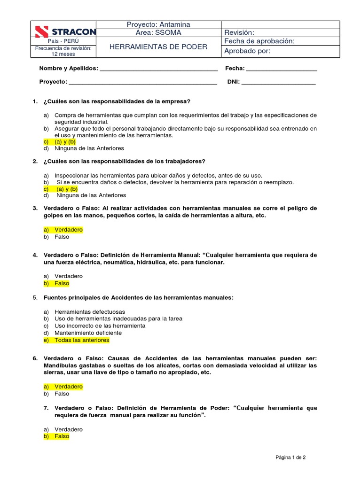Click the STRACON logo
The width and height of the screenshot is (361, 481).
[x=65, y=32]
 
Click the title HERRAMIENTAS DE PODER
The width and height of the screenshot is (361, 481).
[x=158, y=47]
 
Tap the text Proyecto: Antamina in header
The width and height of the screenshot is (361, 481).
[x=158, y=24]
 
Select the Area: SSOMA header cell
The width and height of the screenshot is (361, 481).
[x=158, y=32]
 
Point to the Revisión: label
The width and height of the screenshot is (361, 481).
[x=239, y=32]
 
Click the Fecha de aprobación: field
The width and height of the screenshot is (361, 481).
[x=259, y=41]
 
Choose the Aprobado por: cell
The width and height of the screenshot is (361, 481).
[x=247, y=51]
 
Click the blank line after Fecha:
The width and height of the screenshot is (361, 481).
[x=282, y=70]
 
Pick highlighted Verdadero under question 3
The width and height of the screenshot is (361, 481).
[x=68, y=230]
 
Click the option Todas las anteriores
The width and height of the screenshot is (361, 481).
[x=81, y=340]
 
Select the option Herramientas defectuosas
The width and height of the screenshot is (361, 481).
[x=83, y=311]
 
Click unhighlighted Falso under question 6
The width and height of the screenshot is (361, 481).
[x=62, y=394]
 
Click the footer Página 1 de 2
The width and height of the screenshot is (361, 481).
[x=290, y=457]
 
